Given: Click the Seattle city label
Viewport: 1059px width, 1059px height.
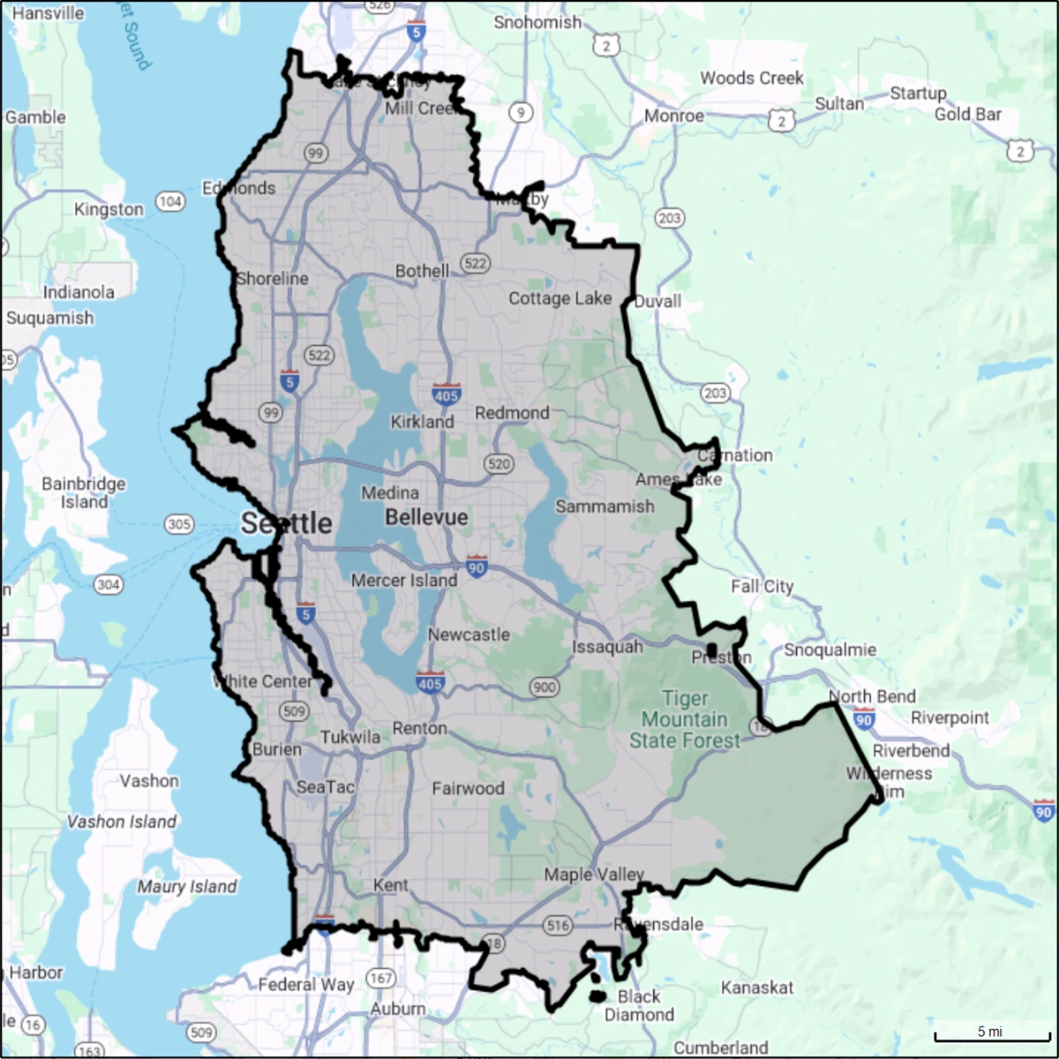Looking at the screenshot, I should (x=287, y=523).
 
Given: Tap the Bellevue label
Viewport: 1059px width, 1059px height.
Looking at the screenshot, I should (x=426, y=517).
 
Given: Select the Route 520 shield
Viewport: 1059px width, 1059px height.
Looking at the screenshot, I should (x=499, y=464).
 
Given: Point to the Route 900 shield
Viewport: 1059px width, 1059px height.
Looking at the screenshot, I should (x=545, y=687).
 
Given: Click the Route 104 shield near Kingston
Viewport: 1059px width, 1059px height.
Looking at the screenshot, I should (x=170, y=201).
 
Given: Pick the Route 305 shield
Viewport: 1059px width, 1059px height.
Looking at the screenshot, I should (x=179, y=524).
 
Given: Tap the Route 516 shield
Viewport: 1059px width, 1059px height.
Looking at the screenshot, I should (x=558, y=925).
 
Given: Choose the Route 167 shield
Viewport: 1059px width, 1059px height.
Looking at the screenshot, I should (x=381, y=978).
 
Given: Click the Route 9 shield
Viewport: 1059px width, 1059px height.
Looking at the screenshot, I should (x=521, y=112).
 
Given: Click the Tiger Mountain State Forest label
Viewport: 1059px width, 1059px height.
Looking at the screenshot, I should (x=685, y=719).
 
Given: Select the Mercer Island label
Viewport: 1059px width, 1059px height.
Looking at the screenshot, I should (x=404, y=580).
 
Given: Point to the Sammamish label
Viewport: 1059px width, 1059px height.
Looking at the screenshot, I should (x=605, y=506).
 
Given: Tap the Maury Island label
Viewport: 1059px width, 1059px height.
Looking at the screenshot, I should (x=187, y=887).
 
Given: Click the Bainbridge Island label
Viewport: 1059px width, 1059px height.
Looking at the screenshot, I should (x=84, y=492).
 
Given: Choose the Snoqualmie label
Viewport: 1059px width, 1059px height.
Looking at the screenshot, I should (x=830, y=650).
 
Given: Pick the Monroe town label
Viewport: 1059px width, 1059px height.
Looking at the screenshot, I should (x=674, y=116).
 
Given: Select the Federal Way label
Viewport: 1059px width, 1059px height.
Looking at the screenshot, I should (x=306, y=984).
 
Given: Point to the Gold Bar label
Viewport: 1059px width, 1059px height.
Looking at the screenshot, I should (x=968, y=114).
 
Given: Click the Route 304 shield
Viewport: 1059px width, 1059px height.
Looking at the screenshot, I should (x=109, y=584).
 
